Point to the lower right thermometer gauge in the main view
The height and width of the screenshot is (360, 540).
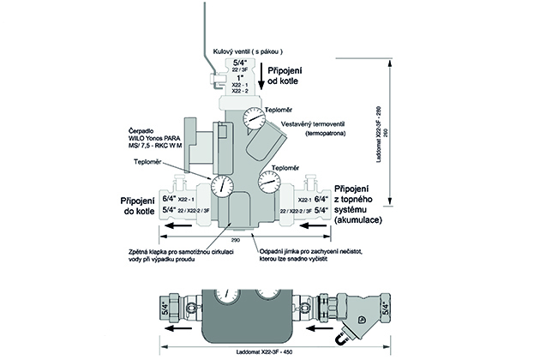(x=267, y=182)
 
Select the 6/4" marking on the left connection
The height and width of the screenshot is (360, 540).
(x=167, y=198)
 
